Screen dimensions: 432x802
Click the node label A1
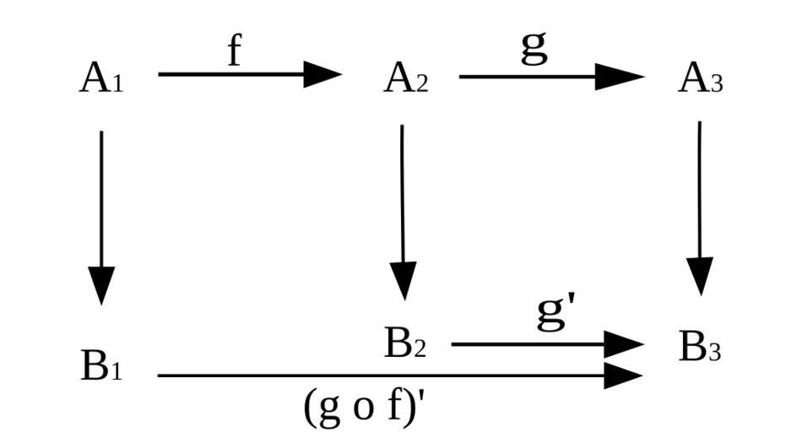point(101,79)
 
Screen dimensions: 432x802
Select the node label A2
point(405,79)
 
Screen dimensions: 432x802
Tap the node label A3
point(700,79)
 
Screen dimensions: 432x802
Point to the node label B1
point(101,366)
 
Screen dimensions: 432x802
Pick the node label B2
point(405,344)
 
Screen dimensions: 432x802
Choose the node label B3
point(700,347)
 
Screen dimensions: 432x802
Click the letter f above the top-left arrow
point(234,51)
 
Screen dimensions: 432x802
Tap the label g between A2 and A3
point(534,47)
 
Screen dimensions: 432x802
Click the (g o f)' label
point(363,407)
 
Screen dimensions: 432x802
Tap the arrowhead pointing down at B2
point(404,280)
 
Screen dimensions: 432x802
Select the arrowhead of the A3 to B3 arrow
point(700,276)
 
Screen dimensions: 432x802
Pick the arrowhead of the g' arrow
point(624,344)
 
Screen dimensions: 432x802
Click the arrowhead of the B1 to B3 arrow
point(624,375)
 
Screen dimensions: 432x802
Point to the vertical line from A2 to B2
point(403,194)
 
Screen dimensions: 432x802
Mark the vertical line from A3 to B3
point(700,190)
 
